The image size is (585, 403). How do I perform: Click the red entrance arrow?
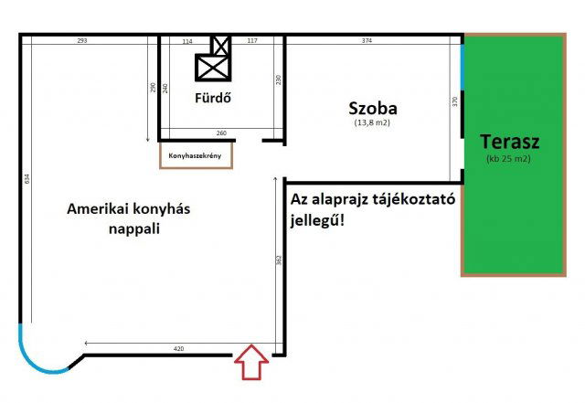pyautogui.click(x=252, y=363)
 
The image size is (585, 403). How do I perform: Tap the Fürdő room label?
pyautogui.click(x=211, y=97)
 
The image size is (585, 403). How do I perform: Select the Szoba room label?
pyautogui.click(x=371, y=108)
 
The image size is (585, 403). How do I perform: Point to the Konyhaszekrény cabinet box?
pyautogui.click(x=196, y=155)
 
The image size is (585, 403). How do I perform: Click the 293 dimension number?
pyautogui.click(x=81, y=41)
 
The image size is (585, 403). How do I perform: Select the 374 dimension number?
pyautogui.click(x=367, y=41)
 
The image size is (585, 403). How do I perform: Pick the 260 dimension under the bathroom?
pyautogui.click(x=220, y=133)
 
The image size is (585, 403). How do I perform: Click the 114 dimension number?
pyautogui.click(x=187, y=41)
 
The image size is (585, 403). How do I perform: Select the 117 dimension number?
pyautogui.click(x=252, y=41)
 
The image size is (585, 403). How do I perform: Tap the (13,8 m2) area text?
pyautogui.click(x=371, y=122)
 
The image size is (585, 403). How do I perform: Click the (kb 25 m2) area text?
pyautogui.click(x=509, y=159)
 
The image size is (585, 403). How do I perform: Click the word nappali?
pyautogui.click(x=128, y=228)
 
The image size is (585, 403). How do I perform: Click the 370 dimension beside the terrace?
pyautogui.click(x=453, y=103)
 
